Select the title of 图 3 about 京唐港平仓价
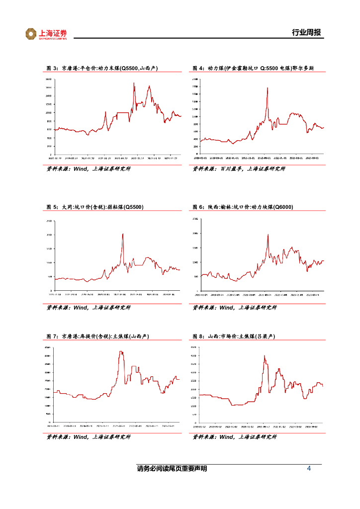pyautogui.click(x=101, y=69)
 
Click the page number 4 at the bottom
pyautogui.click(x=309, y=469)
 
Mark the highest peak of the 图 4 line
pyautogui.click(x=268, y=88)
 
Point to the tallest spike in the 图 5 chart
pyautogui.click(x=123, y=234)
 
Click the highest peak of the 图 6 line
pyautogui.click(x=268, y=235)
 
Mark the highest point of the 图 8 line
pyautogui.click(x=265, y=355)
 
